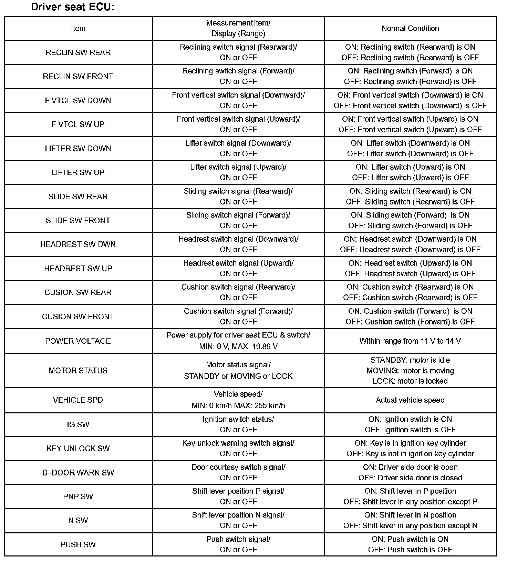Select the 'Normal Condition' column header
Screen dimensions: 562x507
(x=410, y=29)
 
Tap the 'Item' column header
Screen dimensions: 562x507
(x=78, y=29)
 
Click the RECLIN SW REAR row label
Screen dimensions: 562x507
(x=78, y=52)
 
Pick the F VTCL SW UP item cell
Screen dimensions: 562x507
(x=78, y=124)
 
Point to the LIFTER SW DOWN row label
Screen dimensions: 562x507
(x=78, y=149)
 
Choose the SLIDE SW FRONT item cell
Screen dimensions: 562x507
(x=78, y=221)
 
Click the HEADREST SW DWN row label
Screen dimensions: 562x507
(x=78, y=244)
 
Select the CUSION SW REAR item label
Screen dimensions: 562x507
(x=78, y=293)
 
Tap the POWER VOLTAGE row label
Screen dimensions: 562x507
(x=78, y=341)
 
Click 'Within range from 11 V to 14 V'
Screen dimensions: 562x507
(x=410, y=341)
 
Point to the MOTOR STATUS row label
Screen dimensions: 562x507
(x=78, y=371)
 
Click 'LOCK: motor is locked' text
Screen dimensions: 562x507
(x=410, y=381)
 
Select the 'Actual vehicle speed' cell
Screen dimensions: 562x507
(x=410, y=400)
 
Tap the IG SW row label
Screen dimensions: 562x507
(x=78, y=424)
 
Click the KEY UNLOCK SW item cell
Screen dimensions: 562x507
(x=78, y=449)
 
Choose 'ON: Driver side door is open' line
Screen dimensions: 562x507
(x=410, y=467)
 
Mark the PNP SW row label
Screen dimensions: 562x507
(x=78, y=496)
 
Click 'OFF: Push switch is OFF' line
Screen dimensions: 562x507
(x=410, y=550)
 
